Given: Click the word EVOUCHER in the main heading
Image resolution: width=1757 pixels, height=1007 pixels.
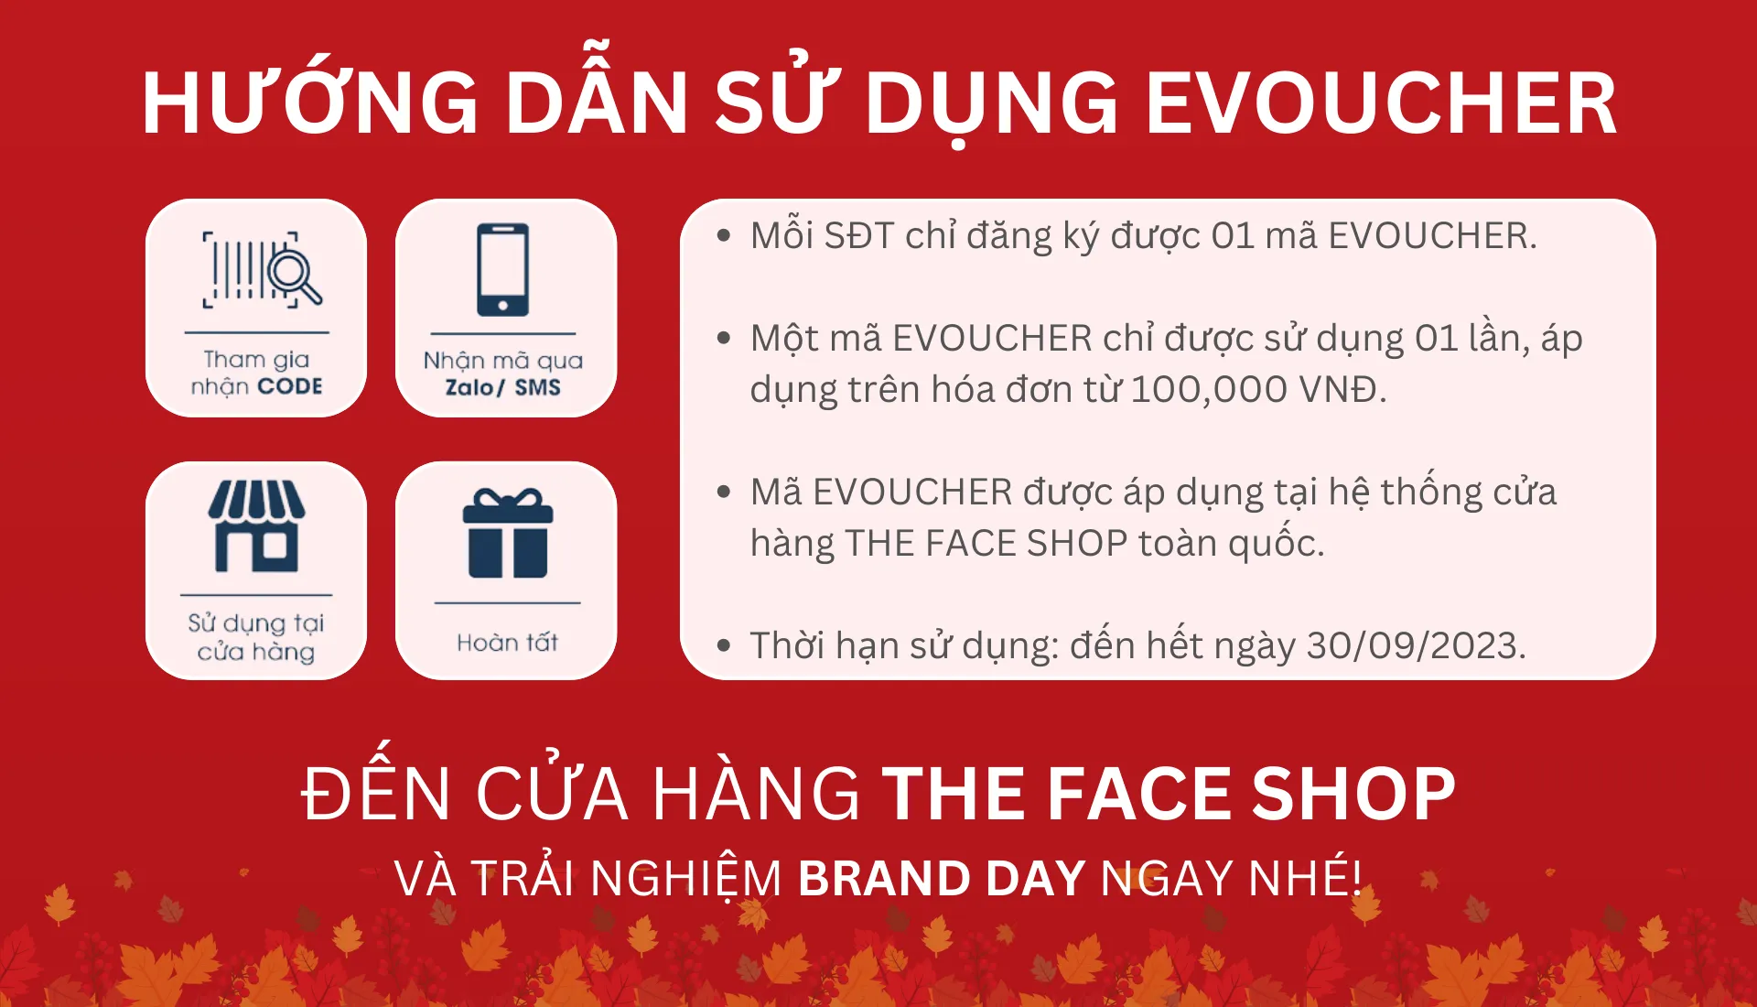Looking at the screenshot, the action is pyautogui.click(x=1381, y=103).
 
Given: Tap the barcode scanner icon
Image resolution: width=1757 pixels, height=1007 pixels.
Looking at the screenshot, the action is pyautogui.click(x=262, y=269).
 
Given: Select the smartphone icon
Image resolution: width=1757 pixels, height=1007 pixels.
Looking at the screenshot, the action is pyautogui.click(x=502, y=269).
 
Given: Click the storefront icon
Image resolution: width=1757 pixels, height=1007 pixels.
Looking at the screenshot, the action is pyautogui.click(x=256, y=526).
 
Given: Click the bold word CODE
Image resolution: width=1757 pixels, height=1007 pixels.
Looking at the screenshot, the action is pyautogui.click(x=289, y=386).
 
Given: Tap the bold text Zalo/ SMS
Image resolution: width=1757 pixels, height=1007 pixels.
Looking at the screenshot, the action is pyautogui.click(x=502, y=387).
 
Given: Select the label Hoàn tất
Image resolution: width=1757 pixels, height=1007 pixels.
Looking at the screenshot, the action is pyautogui.click(x=507, y=643).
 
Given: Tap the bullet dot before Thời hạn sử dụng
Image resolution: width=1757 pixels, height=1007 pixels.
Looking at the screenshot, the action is pyautogui.click(x=724, y=645).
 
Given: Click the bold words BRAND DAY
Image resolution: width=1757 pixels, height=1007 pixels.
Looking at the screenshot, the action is pyautogui.click(x=942, y=878).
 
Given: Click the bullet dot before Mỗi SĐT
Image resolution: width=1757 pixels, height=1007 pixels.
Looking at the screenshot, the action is pyautogui.click(x=724, y=236).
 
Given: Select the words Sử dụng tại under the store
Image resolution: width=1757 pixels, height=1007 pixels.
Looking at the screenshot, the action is pyautogui.click(x=256, y=623).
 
